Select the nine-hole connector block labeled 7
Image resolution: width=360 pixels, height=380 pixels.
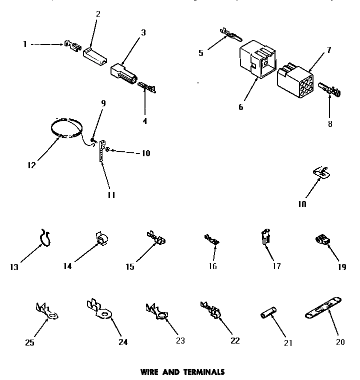[x=295, y=78]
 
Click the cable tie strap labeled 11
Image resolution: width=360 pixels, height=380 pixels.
[x=102, y=150]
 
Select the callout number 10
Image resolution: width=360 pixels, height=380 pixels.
[x=145, y=153]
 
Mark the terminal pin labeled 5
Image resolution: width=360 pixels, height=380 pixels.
[x=230, y=35]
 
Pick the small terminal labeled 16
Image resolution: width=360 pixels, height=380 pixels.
[x=212, y=240]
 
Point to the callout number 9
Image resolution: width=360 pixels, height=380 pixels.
[x=103, y=105]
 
